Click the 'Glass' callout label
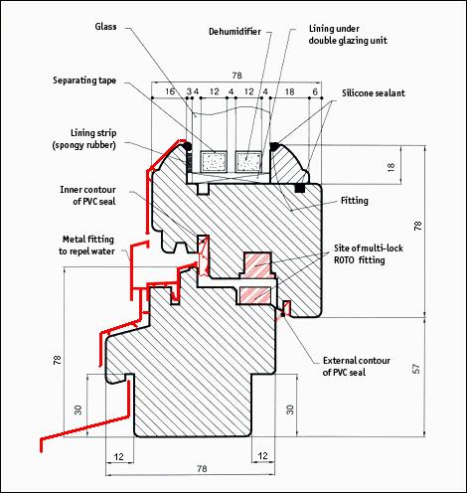click(105, 27)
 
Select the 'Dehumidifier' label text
click(234, 32)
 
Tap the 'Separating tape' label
click(84, 81)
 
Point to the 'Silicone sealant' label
click(374, 93)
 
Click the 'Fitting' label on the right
click(355, 201)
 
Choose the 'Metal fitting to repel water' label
click(86, 246)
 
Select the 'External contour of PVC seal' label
click(357, 366)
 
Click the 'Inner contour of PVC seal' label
click(87, 196)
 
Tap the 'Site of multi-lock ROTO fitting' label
click(369, 254)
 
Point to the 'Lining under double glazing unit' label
click(348, 35)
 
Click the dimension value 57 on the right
click(416, 369)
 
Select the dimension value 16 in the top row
click(170, 91)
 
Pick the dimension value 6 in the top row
click(315, 91)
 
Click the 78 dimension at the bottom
click(202, 468)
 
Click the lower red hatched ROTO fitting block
click(254, 294)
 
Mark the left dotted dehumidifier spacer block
click(214, 162)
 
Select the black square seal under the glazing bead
click(300, 188)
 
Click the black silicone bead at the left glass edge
click(188, 146)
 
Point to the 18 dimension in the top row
click(289, 91)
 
